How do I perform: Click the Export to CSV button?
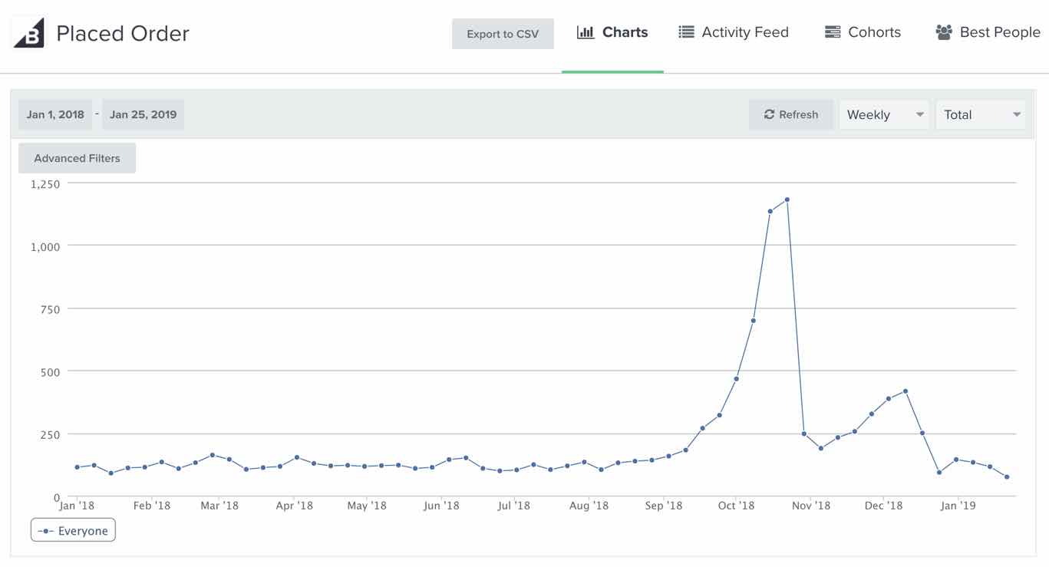(x=503, y=34)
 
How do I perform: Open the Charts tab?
(x=612, y=32)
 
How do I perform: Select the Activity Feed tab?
(x=734, y=32)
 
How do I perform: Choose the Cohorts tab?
(x=863, y=32)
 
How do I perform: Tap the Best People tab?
(x=988, y=32)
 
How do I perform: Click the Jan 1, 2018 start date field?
(x=55, y=114)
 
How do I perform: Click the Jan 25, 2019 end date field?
(x=143, y=114)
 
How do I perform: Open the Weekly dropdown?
(x=884, y=114)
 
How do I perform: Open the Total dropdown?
(x=981, y=114)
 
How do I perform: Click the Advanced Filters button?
(x=77, y=158)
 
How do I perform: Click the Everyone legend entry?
(x=74, y=531)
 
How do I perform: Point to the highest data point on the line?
(x=787, y=199)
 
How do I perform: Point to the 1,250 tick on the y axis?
(x=45, y=183)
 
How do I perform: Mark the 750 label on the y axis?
(x=50, y=308)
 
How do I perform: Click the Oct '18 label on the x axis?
(x=736, y=506)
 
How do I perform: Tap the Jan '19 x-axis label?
(x=958, y=506)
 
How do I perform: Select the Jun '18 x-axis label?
(x=441, y=506)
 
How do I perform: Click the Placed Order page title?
(x=123, y=34)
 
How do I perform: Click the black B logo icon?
(x=29, y=33)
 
